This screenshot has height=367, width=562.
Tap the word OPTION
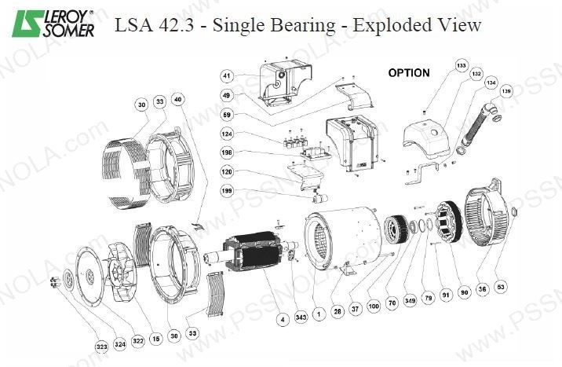pyautogui.click(x=409, y=73)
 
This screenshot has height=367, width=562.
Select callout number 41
pyautogui.click(x=226, y=76)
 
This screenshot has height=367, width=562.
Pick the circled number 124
pyautogui.click(x=226, y=134)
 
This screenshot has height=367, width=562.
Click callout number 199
pyautogui.click(x=226, y=189)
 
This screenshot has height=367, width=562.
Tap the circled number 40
pyautogui.click(x=178, y=100)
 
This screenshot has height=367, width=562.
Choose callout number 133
pyautogui.click(x=461, y=65)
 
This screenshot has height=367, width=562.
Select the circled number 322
pyautogui.click(x=138, y=339)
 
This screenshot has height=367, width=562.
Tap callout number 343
pyautogui.click(x=301, y=317)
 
